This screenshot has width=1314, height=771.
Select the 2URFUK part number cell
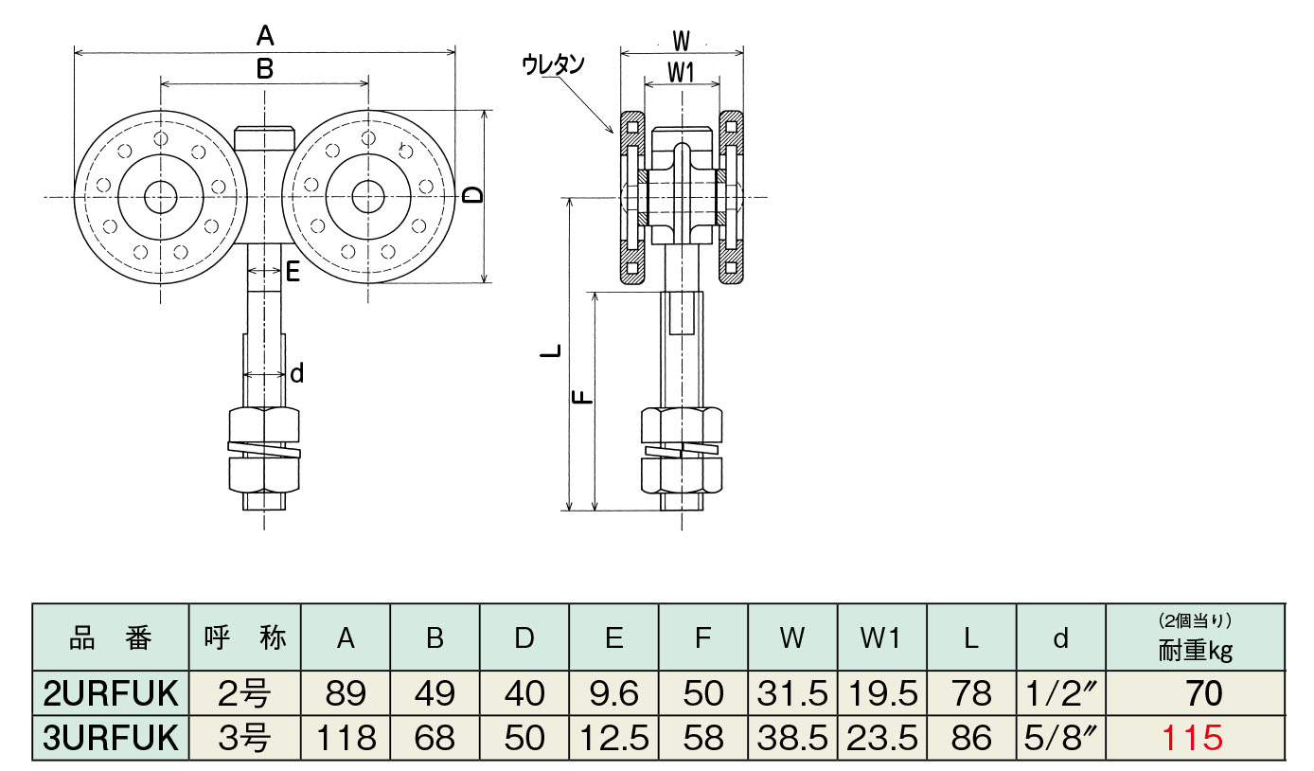(x=111, y=694)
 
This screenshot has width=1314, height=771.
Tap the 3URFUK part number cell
(x=111, y=738)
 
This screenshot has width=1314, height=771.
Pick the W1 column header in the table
(x=881, y=638)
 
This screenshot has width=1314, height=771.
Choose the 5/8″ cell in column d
(x=1060, y=738)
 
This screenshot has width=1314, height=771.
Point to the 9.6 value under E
(x=613, y=694)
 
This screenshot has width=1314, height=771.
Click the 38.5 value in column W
(x=792, y=738)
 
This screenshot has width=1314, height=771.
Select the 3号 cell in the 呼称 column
(x=244, y=738)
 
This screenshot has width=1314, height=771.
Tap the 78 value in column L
(x=971, y=694)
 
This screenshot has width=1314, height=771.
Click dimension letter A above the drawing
(x=265, y=37)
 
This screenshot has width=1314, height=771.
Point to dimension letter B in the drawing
(x=265, y=69)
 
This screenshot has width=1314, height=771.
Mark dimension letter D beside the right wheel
(x=473, y=195)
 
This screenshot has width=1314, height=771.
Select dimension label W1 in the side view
(x=682, y=71)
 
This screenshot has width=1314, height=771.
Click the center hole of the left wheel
(x=161, y=197)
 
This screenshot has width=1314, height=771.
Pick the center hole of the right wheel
(x=368, y=197)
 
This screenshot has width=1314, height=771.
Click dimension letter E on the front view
(x=293, y=273)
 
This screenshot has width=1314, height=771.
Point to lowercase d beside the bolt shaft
(x=296, y=374)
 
